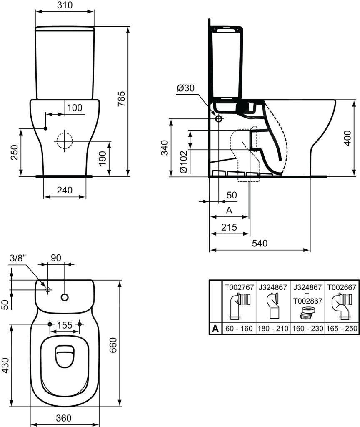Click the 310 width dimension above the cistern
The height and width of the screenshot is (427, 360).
point(65,5)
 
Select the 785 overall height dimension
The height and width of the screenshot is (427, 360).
point(121,99)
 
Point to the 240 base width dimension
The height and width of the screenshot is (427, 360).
point(65,191)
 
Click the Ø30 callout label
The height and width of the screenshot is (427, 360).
point(185,88)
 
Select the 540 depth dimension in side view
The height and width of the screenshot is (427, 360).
point(260,243)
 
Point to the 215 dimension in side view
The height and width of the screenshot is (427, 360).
point(229,227)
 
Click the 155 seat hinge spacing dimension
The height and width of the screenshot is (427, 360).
point(65,324)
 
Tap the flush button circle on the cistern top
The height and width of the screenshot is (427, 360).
point(65,297)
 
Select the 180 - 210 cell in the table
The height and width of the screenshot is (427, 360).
point(272,328)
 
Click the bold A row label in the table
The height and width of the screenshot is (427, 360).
point(215,329)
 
